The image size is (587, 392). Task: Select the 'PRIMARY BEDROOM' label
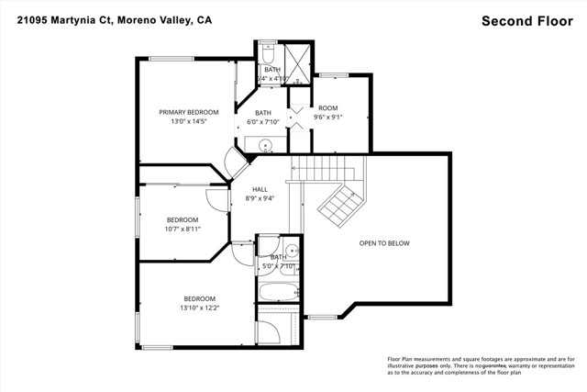188,112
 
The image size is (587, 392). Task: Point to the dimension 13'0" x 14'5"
188,121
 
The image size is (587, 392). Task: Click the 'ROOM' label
328,107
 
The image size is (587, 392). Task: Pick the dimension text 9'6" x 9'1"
328,117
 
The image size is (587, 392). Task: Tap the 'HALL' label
260,189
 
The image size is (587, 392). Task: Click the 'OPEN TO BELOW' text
383,243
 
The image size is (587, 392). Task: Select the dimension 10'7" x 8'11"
183,229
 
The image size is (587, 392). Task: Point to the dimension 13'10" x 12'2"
199,308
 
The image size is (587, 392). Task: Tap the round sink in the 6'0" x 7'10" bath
265,144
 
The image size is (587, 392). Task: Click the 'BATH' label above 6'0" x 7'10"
263,113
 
